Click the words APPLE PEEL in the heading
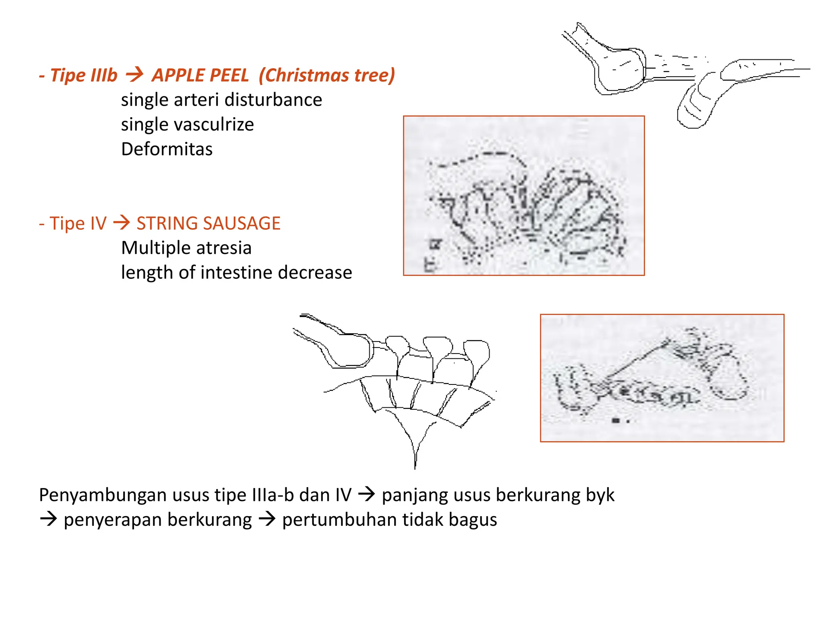[200, 75]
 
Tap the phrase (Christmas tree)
[327, 75]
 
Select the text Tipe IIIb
[83, 75]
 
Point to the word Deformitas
[167, 149]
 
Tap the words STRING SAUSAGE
[208, 223]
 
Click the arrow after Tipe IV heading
[122, 223]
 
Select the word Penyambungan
[103, 495]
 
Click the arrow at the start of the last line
[49, 519]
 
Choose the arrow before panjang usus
[366, 494]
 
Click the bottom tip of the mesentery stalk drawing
[415, 468]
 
